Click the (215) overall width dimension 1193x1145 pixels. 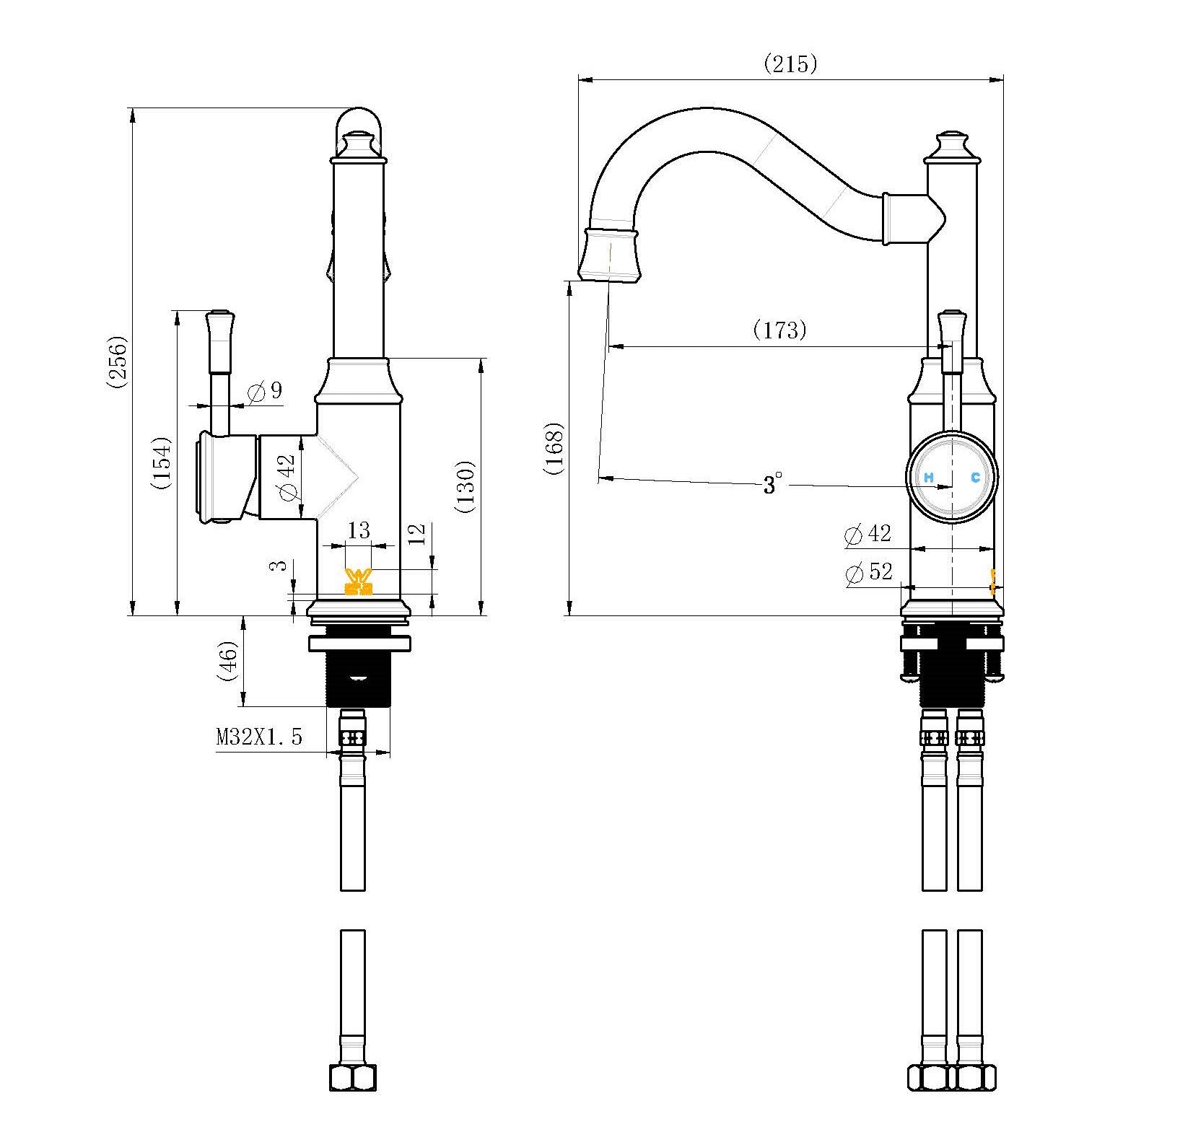tap(790, 64)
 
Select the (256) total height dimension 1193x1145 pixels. tap(118, 362)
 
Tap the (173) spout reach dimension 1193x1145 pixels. tap(779, 330)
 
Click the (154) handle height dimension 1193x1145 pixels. tap(161, 463)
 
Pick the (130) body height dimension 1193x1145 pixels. tap(466, 486)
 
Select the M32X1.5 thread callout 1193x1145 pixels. tap(259, 737)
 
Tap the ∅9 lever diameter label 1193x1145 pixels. tap(265, 392)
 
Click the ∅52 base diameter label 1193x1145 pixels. tap(868, 573)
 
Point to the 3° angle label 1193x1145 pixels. tap(772, 484)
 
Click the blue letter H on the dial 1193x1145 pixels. tap(929, 477)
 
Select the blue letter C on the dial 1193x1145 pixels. tap(975, 477)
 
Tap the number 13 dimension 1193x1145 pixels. tap(359, 531)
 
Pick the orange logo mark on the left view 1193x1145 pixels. tap(359, 582)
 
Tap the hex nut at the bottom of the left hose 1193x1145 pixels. tap(353, 1098)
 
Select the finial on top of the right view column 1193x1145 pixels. tap(953, 146)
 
